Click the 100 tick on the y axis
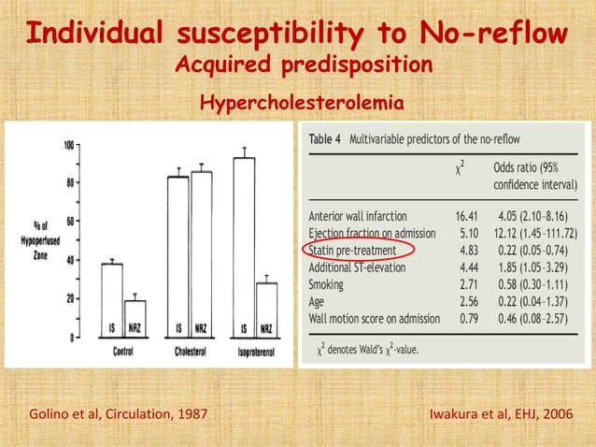[x=70, y=145]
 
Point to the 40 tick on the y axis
[x=70, y=260]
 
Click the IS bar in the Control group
[x=111, y=299]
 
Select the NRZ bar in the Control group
[x=135, y=318]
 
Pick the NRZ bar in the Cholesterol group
[x=201, y=253]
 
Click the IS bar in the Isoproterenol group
[x=244, y=247]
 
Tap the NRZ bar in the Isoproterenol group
[x=267, y=310]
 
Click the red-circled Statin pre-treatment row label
[x=352, y=251]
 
